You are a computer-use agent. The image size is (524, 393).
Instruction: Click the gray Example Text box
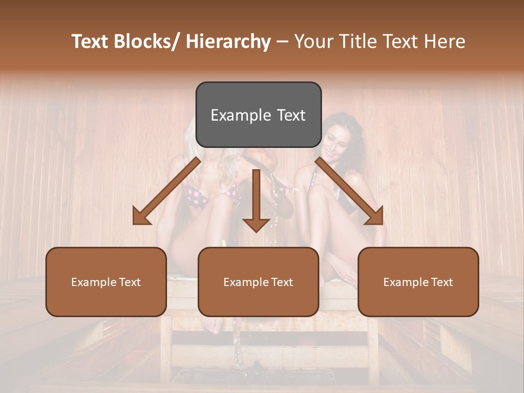tap(258, 115)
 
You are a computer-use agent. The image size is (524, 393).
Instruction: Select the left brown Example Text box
tap(106, 282)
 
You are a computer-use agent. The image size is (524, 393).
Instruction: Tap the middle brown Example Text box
tap(258, 282)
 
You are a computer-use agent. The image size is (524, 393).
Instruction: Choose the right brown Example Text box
tap(418, 282)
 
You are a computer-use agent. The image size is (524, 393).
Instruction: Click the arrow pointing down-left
tap(166, 191)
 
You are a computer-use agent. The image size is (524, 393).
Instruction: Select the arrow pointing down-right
tap(349, 191)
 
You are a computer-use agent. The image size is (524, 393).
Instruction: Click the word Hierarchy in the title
tap(228, 41)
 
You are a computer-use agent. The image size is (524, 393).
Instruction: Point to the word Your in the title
tap(314, 41)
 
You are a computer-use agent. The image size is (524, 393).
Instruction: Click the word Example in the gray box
tap(241, 115)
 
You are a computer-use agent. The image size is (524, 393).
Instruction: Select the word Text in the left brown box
tap(130, 282)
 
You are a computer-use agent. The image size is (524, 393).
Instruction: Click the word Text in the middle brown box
tap(283, 282)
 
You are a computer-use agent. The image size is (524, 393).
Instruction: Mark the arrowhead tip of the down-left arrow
tap(134, 223)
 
